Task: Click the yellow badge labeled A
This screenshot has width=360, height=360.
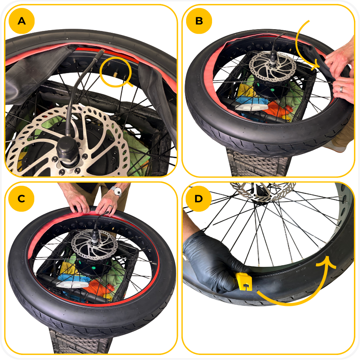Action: (22, 21)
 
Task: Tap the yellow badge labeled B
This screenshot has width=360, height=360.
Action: (199, 21)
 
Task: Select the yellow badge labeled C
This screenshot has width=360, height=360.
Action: (21, 199)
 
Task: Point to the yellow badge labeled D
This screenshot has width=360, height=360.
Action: (199, 199)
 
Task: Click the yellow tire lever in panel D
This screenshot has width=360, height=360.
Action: (244, 281)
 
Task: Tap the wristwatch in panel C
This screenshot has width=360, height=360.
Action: (117, 192)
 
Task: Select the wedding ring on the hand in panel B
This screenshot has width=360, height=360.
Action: (341, 89)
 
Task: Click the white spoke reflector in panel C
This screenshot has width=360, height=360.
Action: (72, 284)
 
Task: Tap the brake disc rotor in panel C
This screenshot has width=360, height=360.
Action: (94, 244)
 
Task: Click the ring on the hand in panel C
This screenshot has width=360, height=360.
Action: (111, 207)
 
